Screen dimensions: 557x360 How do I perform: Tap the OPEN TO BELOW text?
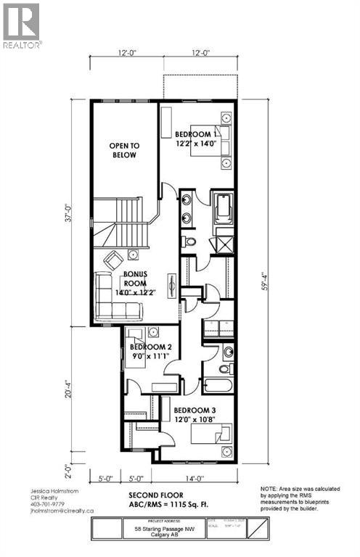124,150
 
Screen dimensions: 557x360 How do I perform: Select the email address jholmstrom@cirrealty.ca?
52,511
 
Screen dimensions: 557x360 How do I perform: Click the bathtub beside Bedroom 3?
217,386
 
